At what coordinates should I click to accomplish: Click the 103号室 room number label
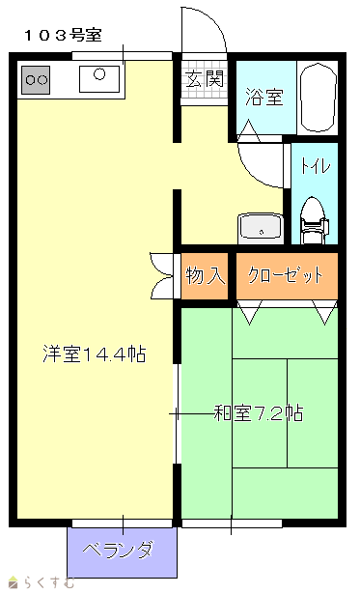pos(64,35)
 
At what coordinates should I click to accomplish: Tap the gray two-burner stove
pos(36,80)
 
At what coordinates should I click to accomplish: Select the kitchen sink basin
pos(99,79)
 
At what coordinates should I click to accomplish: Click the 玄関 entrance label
pos(205,79)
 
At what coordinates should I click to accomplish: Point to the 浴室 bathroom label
pos(264,97)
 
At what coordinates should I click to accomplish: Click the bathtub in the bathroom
pos(318,97)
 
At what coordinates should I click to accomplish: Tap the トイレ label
pos(316,166)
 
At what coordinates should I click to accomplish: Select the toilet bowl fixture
pos(314,220)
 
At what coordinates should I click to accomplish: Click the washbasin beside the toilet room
pos(261,229)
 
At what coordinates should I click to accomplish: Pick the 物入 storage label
pos(205,275)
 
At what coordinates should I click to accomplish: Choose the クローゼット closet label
pos(286,275)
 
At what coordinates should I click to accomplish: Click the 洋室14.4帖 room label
pos(95,354)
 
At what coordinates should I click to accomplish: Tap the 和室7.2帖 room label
pos(259,413)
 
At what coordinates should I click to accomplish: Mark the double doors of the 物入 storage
pos(162,275)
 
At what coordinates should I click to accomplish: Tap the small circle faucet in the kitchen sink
pos(99,73)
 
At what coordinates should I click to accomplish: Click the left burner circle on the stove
pos(30,80)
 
